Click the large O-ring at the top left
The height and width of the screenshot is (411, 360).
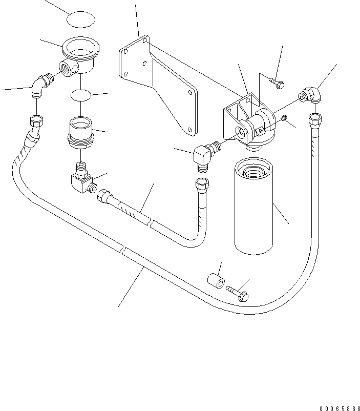point(81,20)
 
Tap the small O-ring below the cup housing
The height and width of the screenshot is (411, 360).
point(81,95)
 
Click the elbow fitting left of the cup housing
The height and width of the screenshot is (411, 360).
point(39,86)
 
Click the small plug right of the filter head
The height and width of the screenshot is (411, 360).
point(285,119)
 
